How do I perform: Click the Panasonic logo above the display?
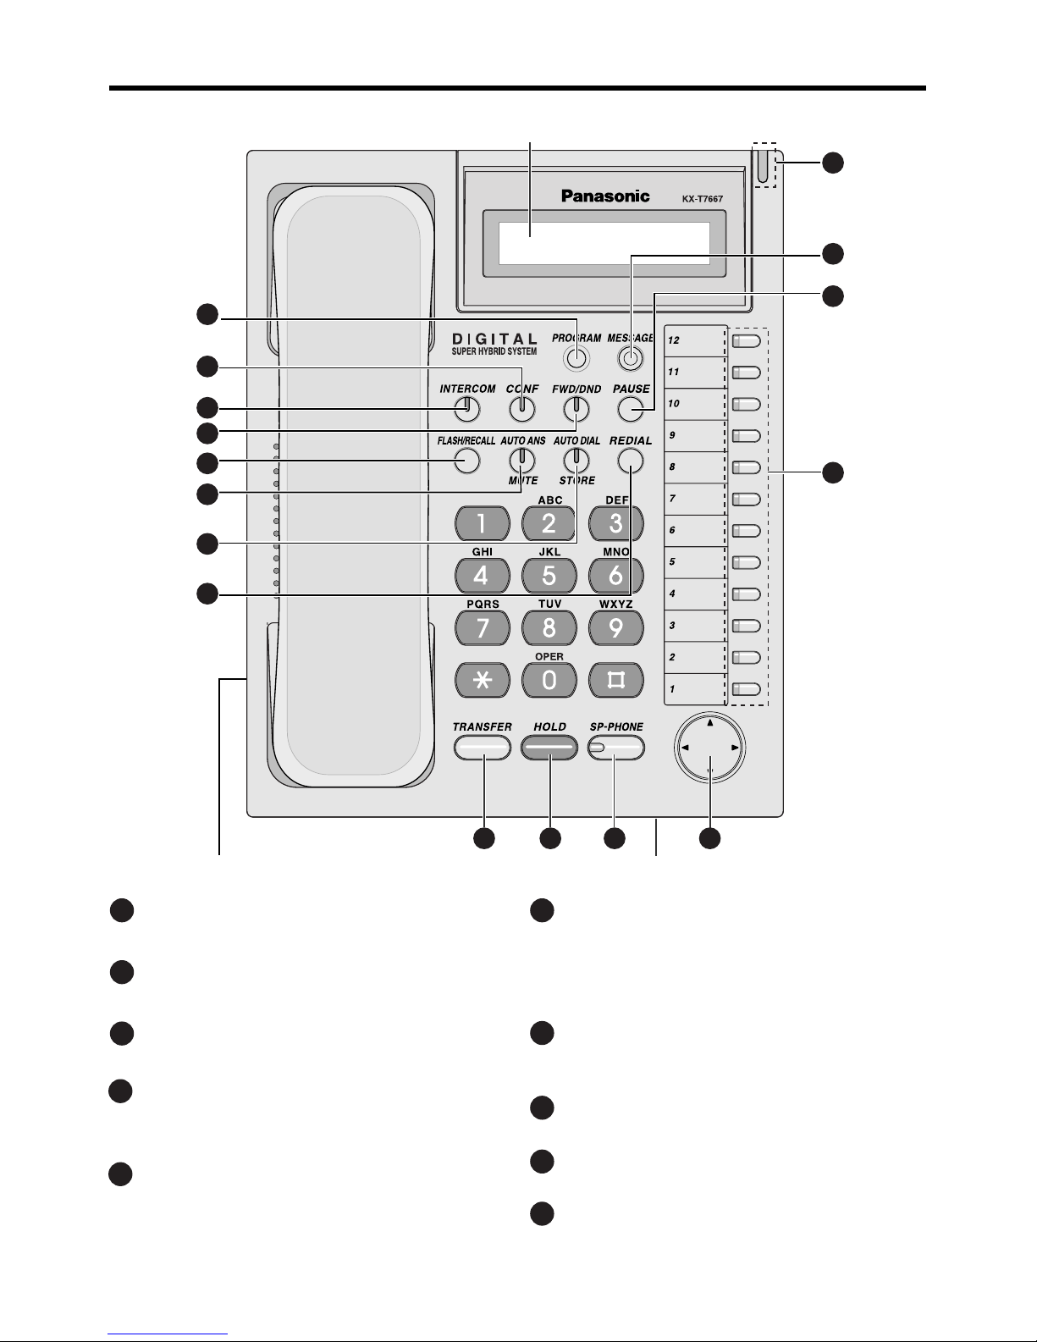click(605, 196)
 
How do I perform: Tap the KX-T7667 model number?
click(702, 199)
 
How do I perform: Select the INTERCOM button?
click(467, 409)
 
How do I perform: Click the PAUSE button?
click(630, 409)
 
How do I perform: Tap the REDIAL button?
click(630, 461)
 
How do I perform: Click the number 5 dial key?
click(549, 576)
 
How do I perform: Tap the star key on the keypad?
click(482, 680)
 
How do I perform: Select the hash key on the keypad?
click(616, 680)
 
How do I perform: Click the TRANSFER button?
click(482, 748)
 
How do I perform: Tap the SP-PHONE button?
click(616, 748)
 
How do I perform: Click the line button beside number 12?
click(747, 341)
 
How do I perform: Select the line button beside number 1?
click(747, 689)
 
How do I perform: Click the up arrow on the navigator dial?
click(710, 722)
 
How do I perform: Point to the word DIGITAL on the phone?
click(494, 339)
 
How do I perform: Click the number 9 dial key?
click(616, 628)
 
